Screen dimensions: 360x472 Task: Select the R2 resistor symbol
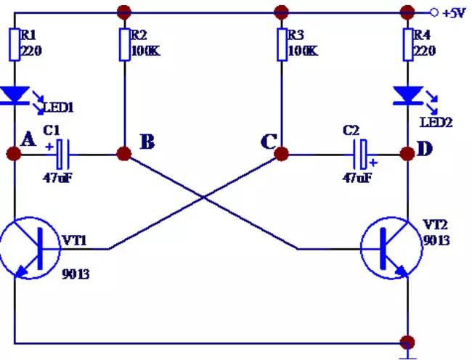123,45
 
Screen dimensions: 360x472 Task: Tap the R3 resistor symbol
280,45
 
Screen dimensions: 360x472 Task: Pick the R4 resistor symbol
407,45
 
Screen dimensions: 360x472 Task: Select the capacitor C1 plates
62,154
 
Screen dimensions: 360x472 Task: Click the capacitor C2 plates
361,154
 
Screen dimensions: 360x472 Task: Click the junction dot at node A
13,154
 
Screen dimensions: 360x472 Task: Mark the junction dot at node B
124,154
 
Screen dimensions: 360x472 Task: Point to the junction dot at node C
280,154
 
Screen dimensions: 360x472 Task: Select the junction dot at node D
407,154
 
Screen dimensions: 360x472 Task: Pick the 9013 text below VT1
77,274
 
